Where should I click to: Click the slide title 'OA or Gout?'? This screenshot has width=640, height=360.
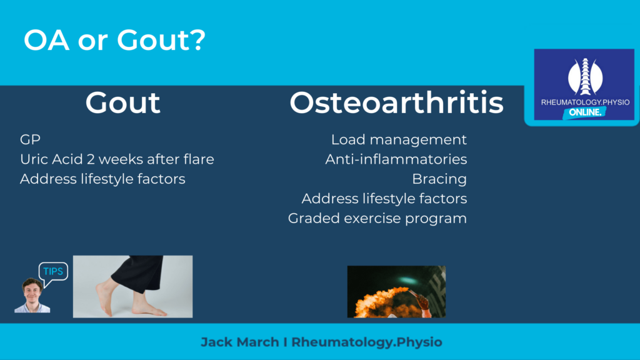[115, 40]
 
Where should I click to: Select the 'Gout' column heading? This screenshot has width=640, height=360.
[122, 102]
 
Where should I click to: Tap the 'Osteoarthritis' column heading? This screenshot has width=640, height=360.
[396, 102]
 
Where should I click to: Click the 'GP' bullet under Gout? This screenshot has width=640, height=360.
[30, 139]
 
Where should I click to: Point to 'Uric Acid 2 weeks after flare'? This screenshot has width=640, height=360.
[117, 159]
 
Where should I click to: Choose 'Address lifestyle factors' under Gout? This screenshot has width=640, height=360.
[102, 179]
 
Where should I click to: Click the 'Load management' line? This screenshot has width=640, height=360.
[399, 140]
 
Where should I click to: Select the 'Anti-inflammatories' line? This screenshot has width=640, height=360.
[396, 159]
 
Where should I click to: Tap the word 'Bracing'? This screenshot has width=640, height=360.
[439, 179]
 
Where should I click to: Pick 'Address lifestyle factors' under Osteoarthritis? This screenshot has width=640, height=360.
[384, 199]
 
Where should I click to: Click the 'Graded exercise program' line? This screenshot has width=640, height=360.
[377, 219]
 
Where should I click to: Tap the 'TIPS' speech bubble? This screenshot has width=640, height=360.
[53, 272]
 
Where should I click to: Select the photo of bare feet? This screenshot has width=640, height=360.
[132, 286]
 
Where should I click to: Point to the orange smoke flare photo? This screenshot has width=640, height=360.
[396, 291]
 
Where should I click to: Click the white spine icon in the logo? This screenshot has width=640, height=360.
[585, 77]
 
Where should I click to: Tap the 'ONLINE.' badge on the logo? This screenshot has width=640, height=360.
[584, 112]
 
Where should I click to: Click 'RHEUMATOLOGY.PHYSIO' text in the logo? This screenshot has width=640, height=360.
[585, 102]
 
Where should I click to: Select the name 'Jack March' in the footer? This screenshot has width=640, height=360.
[239, 342]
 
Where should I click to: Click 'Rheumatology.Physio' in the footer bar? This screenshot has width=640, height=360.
[366, 342]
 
